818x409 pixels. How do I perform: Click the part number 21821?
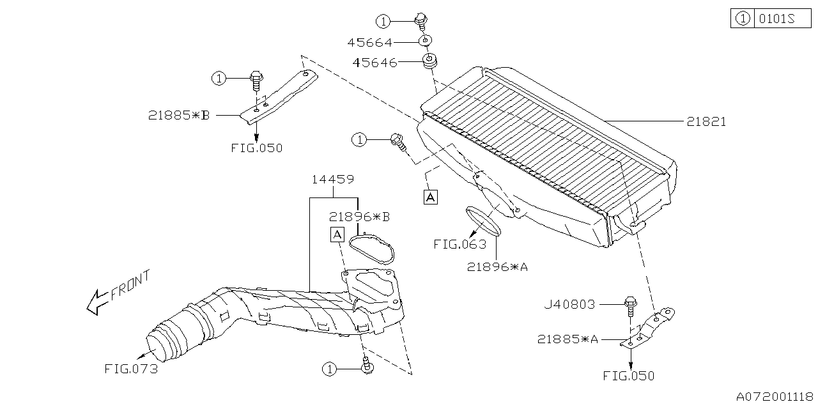click(706, 121)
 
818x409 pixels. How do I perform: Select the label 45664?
click(369, 43)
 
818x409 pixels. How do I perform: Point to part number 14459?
click(332, 180)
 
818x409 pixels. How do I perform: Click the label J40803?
click(570, 305)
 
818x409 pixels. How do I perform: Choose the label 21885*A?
click(567, 340)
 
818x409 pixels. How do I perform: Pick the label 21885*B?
click(179, 116)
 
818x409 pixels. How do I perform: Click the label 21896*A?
click(497, 268)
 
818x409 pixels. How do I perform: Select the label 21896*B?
click(359, 217)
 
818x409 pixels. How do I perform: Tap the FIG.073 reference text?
click(130, 369)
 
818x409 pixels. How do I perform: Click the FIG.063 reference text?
click(459, 244)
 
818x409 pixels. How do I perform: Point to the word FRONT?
click(130, 285)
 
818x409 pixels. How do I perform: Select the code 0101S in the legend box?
click(776, 19)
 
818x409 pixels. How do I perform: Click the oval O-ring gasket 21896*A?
click(484, 220)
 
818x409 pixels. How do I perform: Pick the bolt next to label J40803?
click(630, 305)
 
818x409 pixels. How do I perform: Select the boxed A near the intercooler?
click(431, 197)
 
